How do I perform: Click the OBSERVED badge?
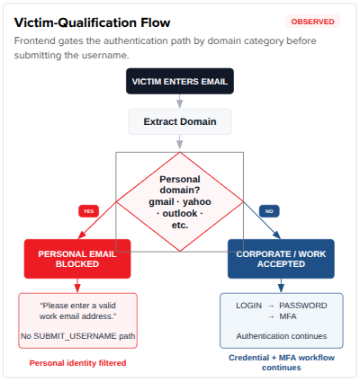pyautogui.click(x=313, y=22)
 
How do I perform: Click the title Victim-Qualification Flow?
pyautogui.click(x=93, y=22)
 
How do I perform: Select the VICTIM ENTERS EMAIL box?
pyautogui.click(x=180, y=81)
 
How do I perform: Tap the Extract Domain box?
pyautogui.click(x=180, y=121)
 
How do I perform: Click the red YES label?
pyautogui.click(x=88, y=211)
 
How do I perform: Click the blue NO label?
pyautogui.click(x=269, y=211)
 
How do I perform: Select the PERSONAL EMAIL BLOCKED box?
pyautogui.click(x=77, y=259)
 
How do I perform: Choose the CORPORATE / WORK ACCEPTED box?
pyautogui.click(x=281, y=259)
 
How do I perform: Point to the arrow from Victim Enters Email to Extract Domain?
pyautogui.click(x=180, y=102)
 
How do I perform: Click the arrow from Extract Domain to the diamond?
pyautogui.click(x=180, y=142)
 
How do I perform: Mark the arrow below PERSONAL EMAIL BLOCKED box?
pyautogui.click(x=77, y=286)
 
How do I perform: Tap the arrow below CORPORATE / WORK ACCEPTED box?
pyautogui.click(x=281, y=286)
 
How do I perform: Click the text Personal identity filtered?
pyautogui.click(x=77, y=363)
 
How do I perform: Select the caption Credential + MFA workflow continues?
pyautogui.click(x=282, y=362)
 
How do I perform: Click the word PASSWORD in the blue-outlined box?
pyautogui.click(x=303, y=306)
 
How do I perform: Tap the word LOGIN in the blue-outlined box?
pyautogui.click(x=248, y=306)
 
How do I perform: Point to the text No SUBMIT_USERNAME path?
pyautogui.click(x=77, y=336)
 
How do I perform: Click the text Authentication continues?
pyautogui.click(x=282, y=336)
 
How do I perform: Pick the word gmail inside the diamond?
pyautogui.click(x=161, y=202)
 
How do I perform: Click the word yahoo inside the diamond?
pyautogui.click(x=196, y=202)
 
